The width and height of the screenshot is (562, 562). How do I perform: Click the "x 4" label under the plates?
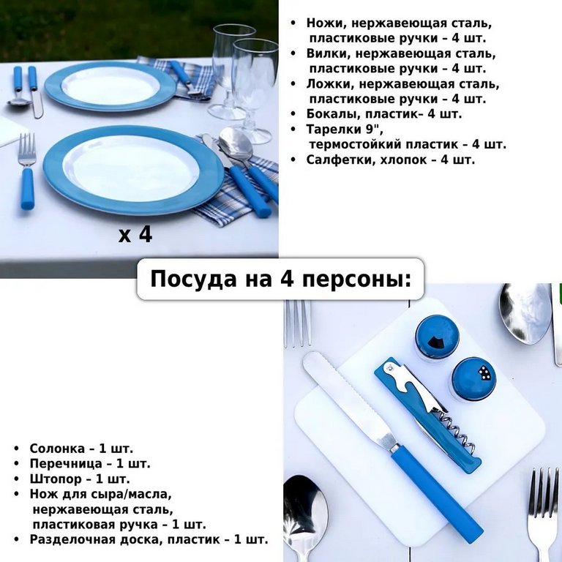135,235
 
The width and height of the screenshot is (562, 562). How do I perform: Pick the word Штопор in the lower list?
54,479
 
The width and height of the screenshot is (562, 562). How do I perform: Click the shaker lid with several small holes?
473,378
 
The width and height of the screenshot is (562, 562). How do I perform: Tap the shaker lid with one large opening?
437,337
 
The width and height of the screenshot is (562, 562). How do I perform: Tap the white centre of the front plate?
131,167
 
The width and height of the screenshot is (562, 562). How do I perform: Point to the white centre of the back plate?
110,86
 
